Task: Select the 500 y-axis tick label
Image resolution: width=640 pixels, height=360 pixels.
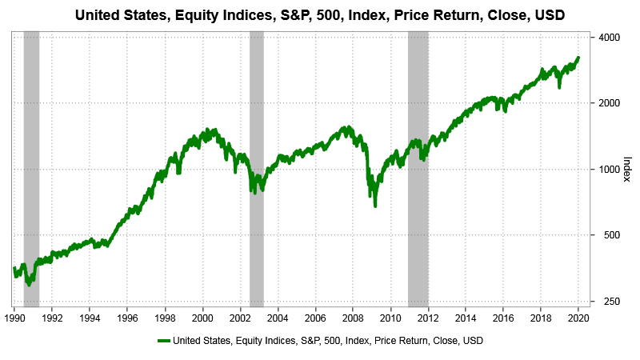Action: pos(606,235)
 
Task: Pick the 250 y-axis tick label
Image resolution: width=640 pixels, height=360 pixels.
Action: pos(606,302)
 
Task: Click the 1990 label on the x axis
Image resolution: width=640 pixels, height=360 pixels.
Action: pos(14,317)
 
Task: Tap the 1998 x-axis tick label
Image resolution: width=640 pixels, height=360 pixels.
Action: pos(165,317)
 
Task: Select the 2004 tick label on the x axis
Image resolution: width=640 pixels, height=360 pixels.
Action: pos(278,317)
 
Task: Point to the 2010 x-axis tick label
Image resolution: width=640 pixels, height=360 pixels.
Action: pos(390,317)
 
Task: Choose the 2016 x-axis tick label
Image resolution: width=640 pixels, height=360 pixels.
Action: pos(503,317)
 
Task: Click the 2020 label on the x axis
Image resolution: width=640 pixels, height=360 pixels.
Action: pos(578,317)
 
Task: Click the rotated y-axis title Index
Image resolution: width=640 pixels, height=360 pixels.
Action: pos(626,169)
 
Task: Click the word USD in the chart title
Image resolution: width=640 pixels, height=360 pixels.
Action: pos(550,14)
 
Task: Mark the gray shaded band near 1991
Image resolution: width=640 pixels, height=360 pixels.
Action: pos(31,169)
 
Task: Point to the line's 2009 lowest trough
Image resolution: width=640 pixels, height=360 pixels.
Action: pos(375,206)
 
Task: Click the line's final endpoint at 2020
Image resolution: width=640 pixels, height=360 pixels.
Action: pos(578,58)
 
